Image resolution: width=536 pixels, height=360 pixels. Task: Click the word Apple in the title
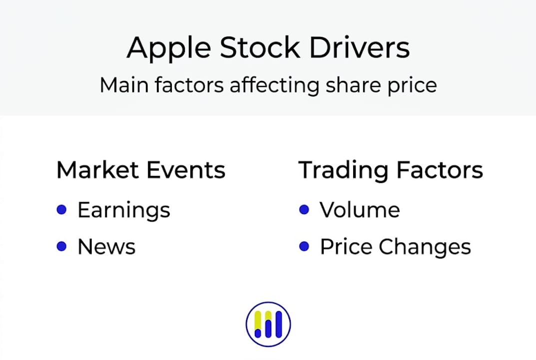(169, 48)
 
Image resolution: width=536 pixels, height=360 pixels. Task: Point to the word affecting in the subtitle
(275, 85)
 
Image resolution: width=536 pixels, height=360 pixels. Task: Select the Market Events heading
(141, 169)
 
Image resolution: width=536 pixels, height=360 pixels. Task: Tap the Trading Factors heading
(390, 170)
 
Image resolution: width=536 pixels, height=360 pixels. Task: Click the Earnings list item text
(124, 210)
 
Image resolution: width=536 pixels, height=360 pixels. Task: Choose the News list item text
(107, 246)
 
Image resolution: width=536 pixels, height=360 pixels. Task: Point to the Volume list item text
(360, 209)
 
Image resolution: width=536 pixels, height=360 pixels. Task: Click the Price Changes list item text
(395, 247)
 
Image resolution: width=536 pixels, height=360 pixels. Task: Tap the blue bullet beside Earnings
(61, 209)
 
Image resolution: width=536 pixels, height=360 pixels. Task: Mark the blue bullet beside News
(61, 246)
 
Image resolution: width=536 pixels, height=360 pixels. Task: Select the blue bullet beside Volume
(304, 209)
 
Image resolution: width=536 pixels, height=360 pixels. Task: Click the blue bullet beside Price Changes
(304, 246)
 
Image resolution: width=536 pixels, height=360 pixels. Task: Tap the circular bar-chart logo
(268, 324)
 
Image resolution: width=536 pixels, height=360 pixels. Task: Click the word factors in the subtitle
(189, 85)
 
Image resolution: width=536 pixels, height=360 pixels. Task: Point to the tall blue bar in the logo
(279, 323)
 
